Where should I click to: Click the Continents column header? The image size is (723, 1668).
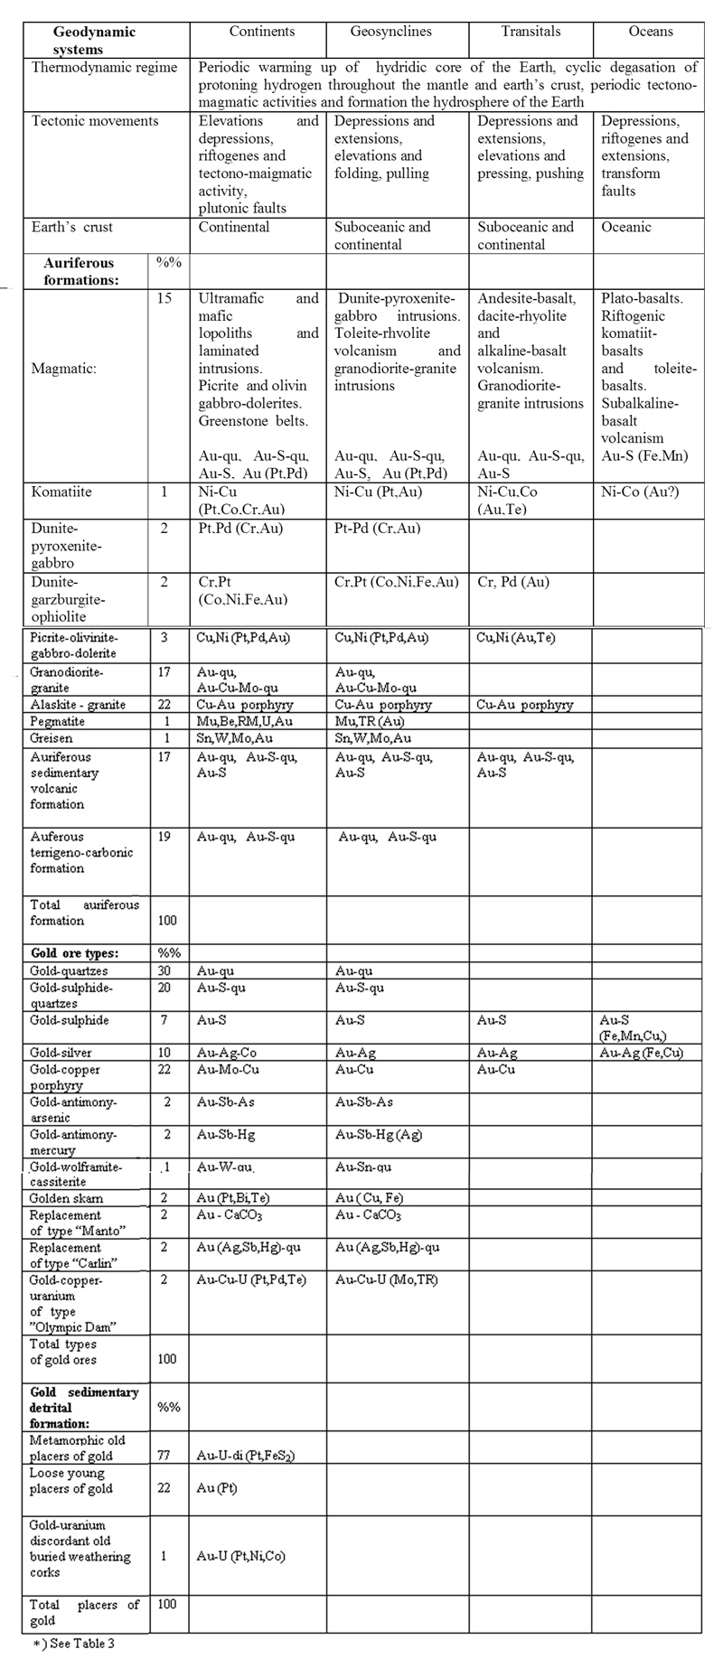point(261,32)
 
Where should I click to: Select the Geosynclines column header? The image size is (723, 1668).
point(390,32)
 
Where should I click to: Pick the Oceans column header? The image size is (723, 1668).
point(651,32)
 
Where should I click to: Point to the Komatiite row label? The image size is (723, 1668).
point(61,493)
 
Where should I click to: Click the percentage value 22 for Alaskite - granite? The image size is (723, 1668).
point(164,705)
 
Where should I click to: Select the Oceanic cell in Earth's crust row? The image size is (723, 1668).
point(626,228)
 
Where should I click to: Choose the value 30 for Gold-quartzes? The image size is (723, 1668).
point(164,971)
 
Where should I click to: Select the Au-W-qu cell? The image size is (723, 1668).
point(224,1167)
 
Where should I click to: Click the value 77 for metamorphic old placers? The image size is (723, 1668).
point(164,1456)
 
